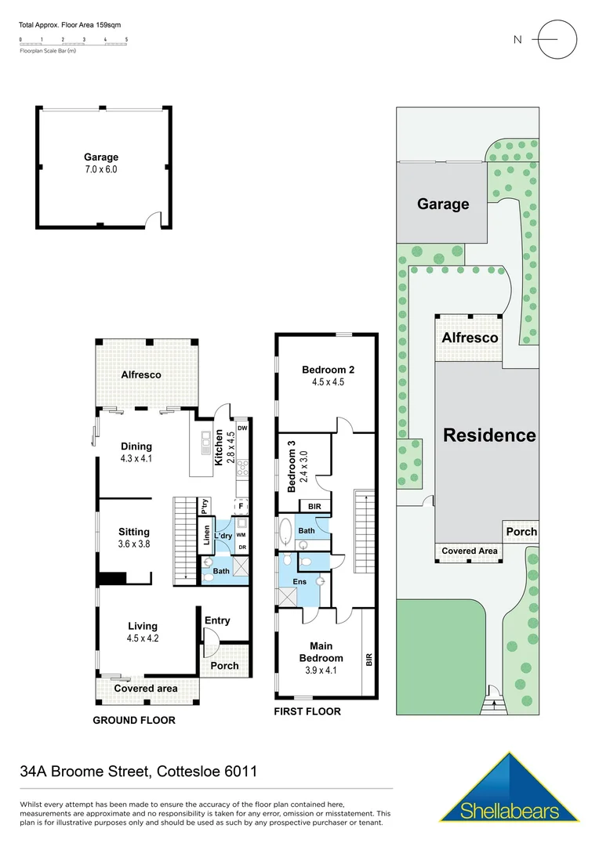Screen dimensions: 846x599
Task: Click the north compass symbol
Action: pos(557,40)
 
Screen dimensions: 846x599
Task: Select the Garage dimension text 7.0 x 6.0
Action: pos(101,169)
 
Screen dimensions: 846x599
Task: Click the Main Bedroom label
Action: pos(321,653)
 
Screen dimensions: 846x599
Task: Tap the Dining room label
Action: pos(136,446)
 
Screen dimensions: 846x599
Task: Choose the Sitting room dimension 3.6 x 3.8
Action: pos(133,544)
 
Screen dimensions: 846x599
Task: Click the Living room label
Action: pos(143,626)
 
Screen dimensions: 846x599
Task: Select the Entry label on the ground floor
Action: pos(217,620)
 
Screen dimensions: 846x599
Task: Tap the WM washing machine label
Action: pos(241,534)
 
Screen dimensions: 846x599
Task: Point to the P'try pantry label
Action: pos(204,505)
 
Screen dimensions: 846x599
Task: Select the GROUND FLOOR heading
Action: pos(134,720)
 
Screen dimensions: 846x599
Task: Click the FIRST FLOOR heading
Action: pos(307,711)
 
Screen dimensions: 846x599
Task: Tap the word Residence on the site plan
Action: pos(489,436)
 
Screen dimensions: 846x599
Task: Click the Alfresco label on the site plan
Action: pos(470,338)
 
